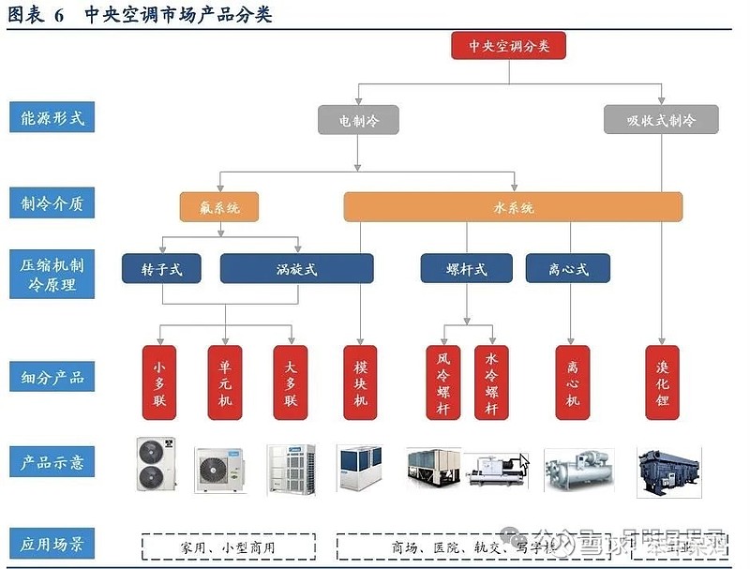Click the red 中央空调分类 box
(x=508, y=46)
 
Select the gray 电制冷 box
(x=357, y=120)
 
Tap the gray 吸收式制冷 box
(x=662, y=120)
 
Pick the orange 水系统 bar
(x=513, y=207)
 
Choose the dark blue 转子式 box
(x=162, y=269)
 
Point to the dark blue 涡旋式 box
(x=296, y=269)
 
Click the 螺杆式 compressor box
(x=466, y=269)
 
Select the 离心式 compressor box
(x=568, y=269)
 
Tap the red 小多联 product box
(x=159, y=382)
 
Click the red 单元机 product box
(x=225, y=382)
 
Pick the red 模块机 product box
(x=361, y=382)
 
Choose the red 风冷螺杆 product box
(x=443, y=382)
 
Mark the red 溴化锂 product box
(x=663, y=382)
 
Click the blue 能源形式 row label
(x=52, y=118)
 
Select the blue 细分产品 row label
(x=52, y=378)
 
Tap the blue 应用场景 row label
(x=52, y=544)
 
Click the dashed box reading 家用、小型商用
(x=229, y=547)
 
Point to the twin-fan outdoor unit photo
(x=156, y=465)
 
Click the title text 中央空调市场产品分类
(x=178, y=15)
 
